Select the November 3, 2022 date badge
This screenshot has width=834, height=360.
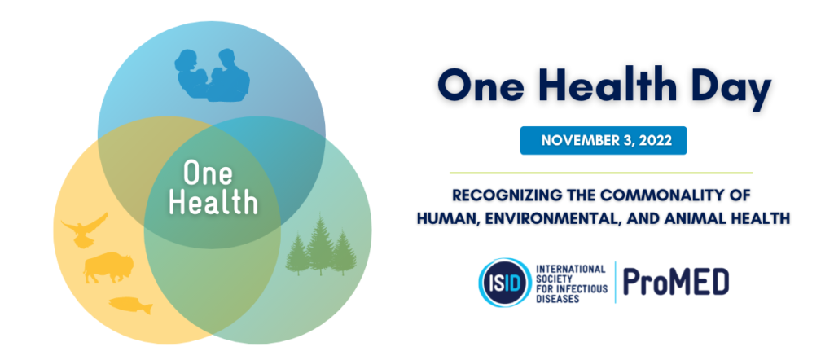tap(603, 140)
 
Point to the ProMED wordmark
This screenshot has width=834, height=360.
tap(676, 282)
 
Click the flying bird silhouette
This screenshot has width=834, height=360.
tap(84, 229)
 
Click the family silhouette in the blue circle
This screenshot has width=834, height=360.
tap(213, 77)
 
